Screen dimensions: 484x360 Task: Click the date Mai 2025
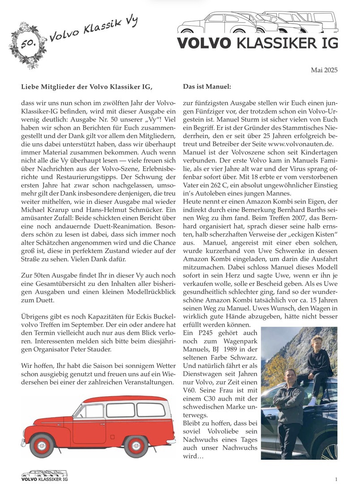(324, 70)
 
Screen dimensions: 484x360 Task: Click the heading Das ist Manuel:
(207, 86)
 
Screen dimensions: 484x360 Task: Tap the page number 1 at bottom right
(336, 478)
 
